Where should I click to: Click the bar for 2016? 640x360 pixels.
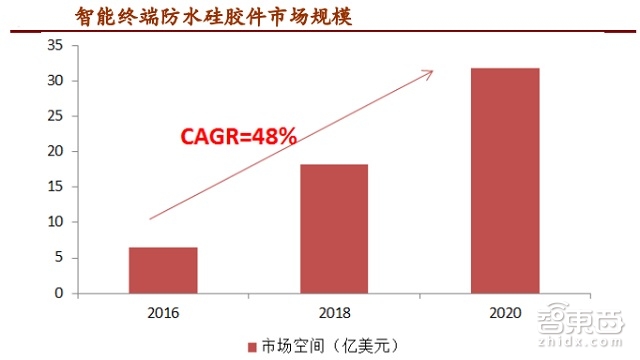point(163,270)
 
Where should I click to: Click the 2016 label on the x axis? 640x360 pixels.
point(163,312)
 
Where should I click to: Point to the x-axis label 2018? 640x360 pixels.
point(333,312)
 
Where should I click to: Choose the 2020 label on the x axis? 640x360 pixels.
point(504,312)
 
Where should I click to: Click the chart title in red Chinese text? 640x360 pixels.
point(220,17)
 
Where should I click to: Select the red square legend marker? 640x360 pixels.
point(252,346)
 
